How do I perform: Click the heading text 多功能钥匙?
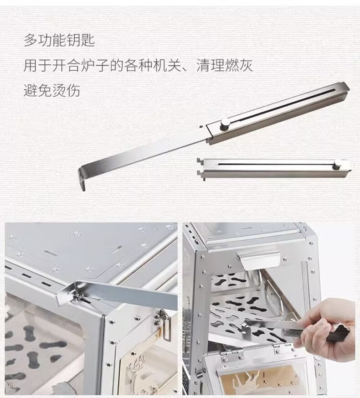click(59, 40)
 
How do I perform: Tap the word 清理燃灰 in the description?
click(225, 66)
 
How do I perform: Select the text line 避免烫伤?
click(52, 90)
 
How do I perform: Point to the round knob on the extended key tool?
click(224, 124)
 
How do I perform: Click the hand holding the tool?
click(327, 327)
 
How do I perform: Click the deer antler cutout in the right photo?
click(250, 379)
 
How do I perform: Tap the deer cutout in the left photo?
click(138, 368)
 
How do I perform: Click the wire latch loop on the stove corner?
click(165, 328)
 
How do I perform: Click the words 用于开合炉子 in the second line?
click(66, 66)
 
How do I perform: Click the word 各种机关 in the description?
click(153, 66)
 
